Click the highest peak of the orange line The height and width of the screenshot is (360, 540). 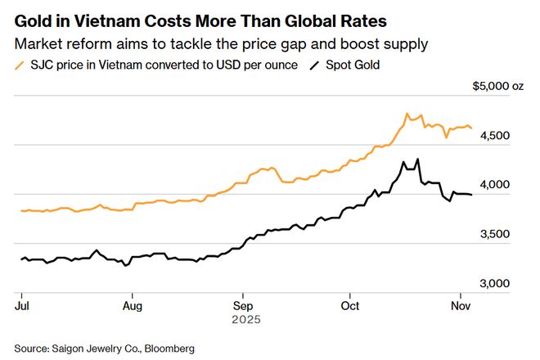point(407,114)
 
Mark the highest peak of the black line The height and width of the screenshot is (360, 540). point(417,160)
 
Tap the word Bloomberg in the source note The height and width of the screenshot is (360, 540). point(168,349)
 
